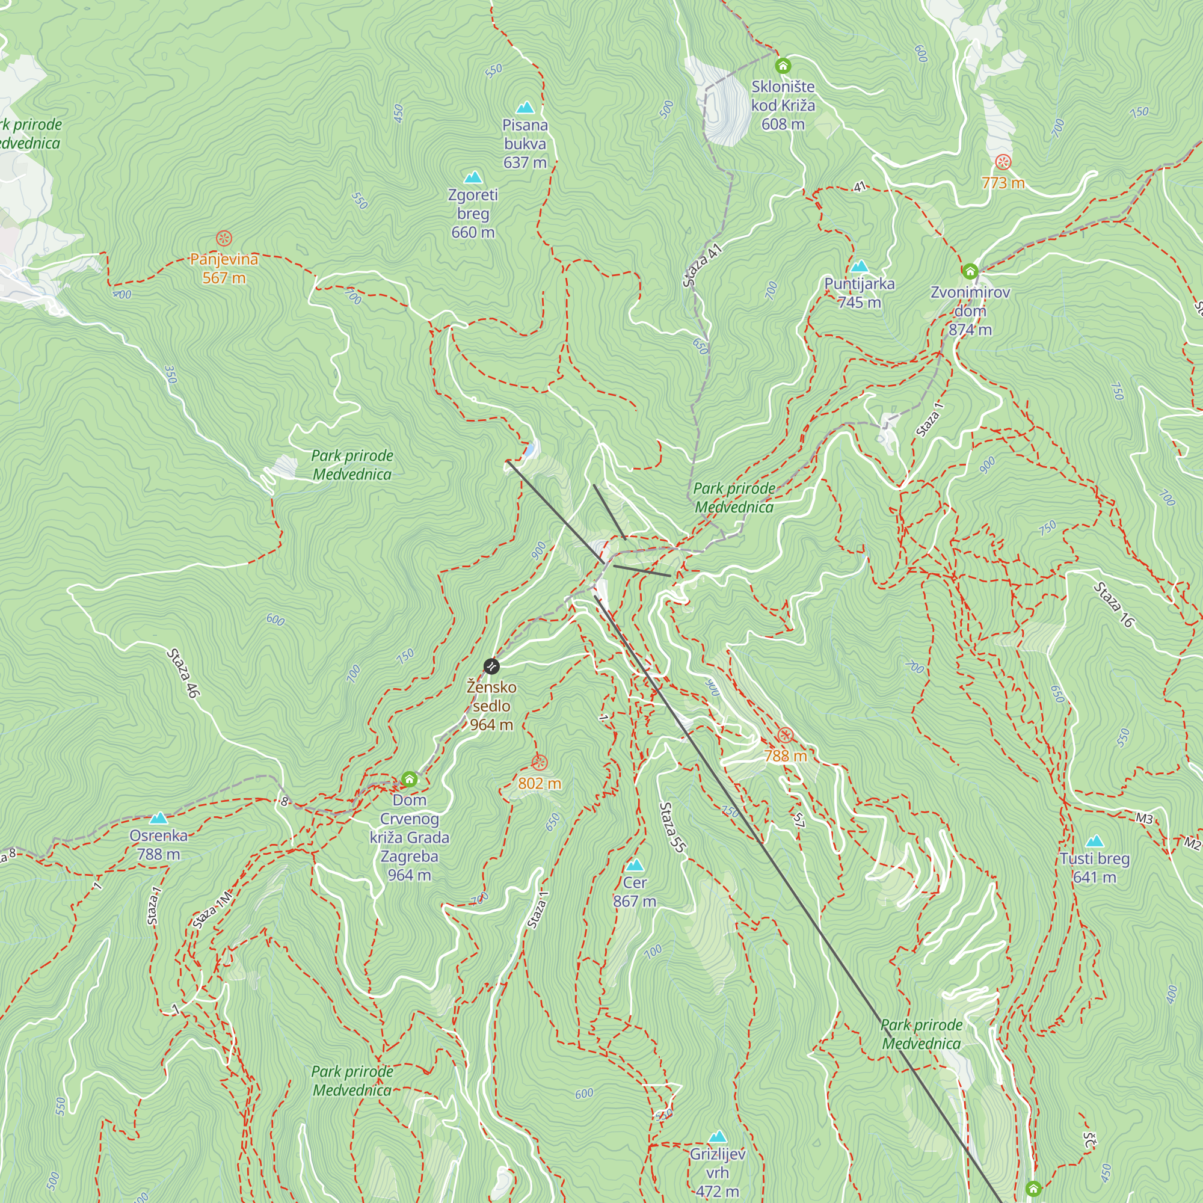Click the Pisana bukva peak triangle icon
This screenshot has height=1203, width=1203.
[526, 108]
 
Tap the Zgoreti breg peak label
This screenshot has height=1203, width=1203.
[473, 213]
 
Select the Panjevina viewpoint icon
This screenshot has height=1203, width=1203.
[224, 238]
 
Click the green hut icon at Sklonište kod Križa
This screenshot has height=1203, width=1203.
[783, 66]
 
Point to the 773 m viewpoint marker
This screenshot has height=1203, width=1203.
[1003, 162]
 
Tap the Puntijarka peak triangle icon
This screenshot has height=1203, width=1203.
[860, 266]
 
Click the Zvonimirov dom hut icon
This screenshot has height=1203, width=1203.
[970, 271]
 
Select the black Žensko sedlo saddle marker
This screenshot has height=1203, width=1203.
[491, 666]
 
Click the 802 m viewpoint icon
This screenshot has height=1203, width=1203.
[539, 762]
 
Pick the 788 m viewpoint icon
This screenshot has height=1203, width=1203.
[785, 736]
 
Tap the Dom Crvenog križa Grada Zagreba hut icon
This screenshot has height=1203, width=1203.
[409, 779]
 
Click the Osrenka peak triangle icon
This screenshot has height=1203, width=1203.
[159, 818]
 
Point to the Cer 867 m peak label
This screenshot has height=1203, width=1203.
[635, 891]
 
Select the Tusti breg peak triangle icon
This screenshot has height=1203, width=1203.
[1094, 841]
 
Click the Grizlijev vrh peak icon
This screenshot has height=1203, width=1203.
[718, 1137]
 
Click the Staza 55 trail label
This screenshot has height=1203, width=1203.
[672, 827]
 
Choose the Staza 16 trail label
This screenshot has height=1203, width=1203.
[1114, 604]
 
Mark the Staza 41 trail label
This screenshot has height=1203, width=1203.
[702, 266]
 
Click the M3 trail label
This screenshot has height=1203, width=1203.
[1144, 818]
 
